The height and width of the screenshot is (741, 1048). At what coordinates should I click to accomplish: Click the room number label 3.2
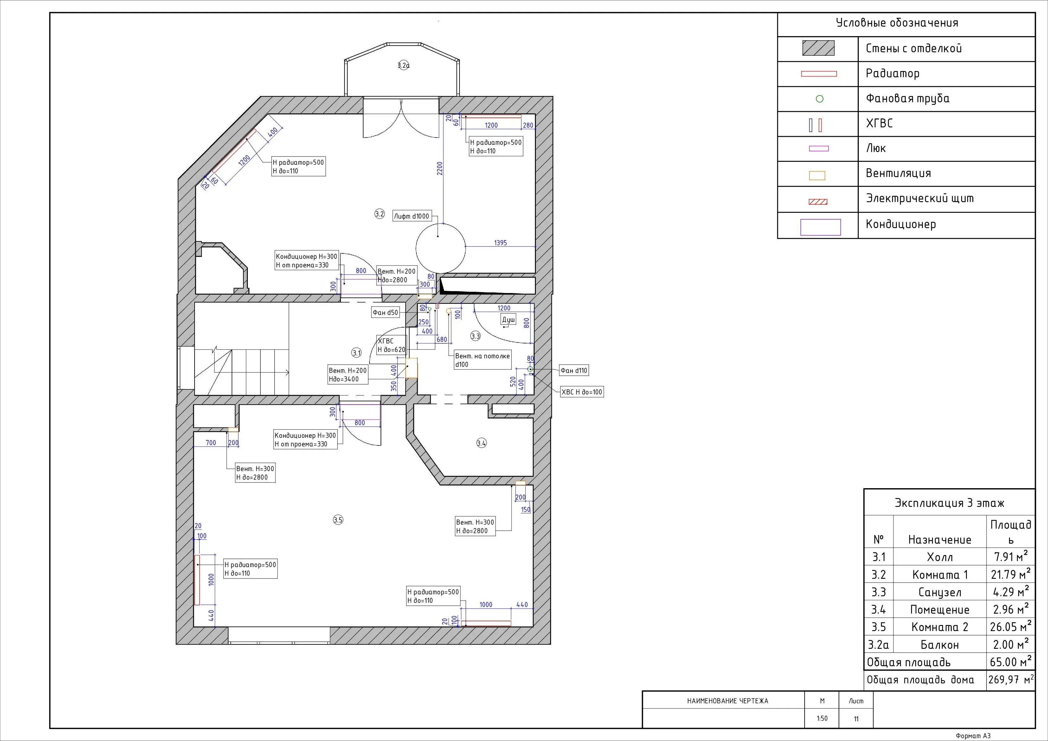[380, 214]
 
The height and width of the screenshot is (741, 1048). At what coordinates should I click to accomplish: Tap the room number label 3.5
[338, 520]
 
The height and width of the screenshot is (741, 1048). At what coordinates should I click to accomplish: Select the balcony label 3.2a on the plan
[403, 65]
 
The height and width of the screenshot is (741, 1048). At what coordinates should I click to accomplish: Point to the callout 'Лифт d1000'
[412, 216]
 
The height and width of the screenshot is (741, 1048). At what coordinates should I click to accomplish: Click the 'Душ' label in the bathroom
[509, 320]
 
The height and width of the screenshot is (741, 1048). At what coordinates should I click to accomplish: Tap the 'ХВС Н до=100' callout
[582, 392]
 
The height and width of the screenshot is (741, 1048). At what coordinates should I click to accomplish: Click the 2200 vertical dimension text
[440, 168]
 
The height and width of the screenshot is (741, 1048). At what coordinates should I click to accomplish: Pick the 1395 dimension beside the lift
[500, 243]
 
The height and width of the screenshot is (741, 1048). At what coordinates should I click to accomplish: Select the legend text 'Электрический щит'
[920, 199]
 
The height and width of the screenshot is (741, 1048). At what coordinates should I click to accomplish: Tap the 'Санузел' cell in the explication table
[940, 592]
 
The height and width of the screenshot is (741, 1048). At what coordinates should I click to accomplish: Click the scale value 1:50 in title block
[822, 718]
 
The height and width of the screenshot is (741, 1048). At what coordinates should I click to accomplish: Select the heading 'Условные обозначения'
[897, 23]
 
